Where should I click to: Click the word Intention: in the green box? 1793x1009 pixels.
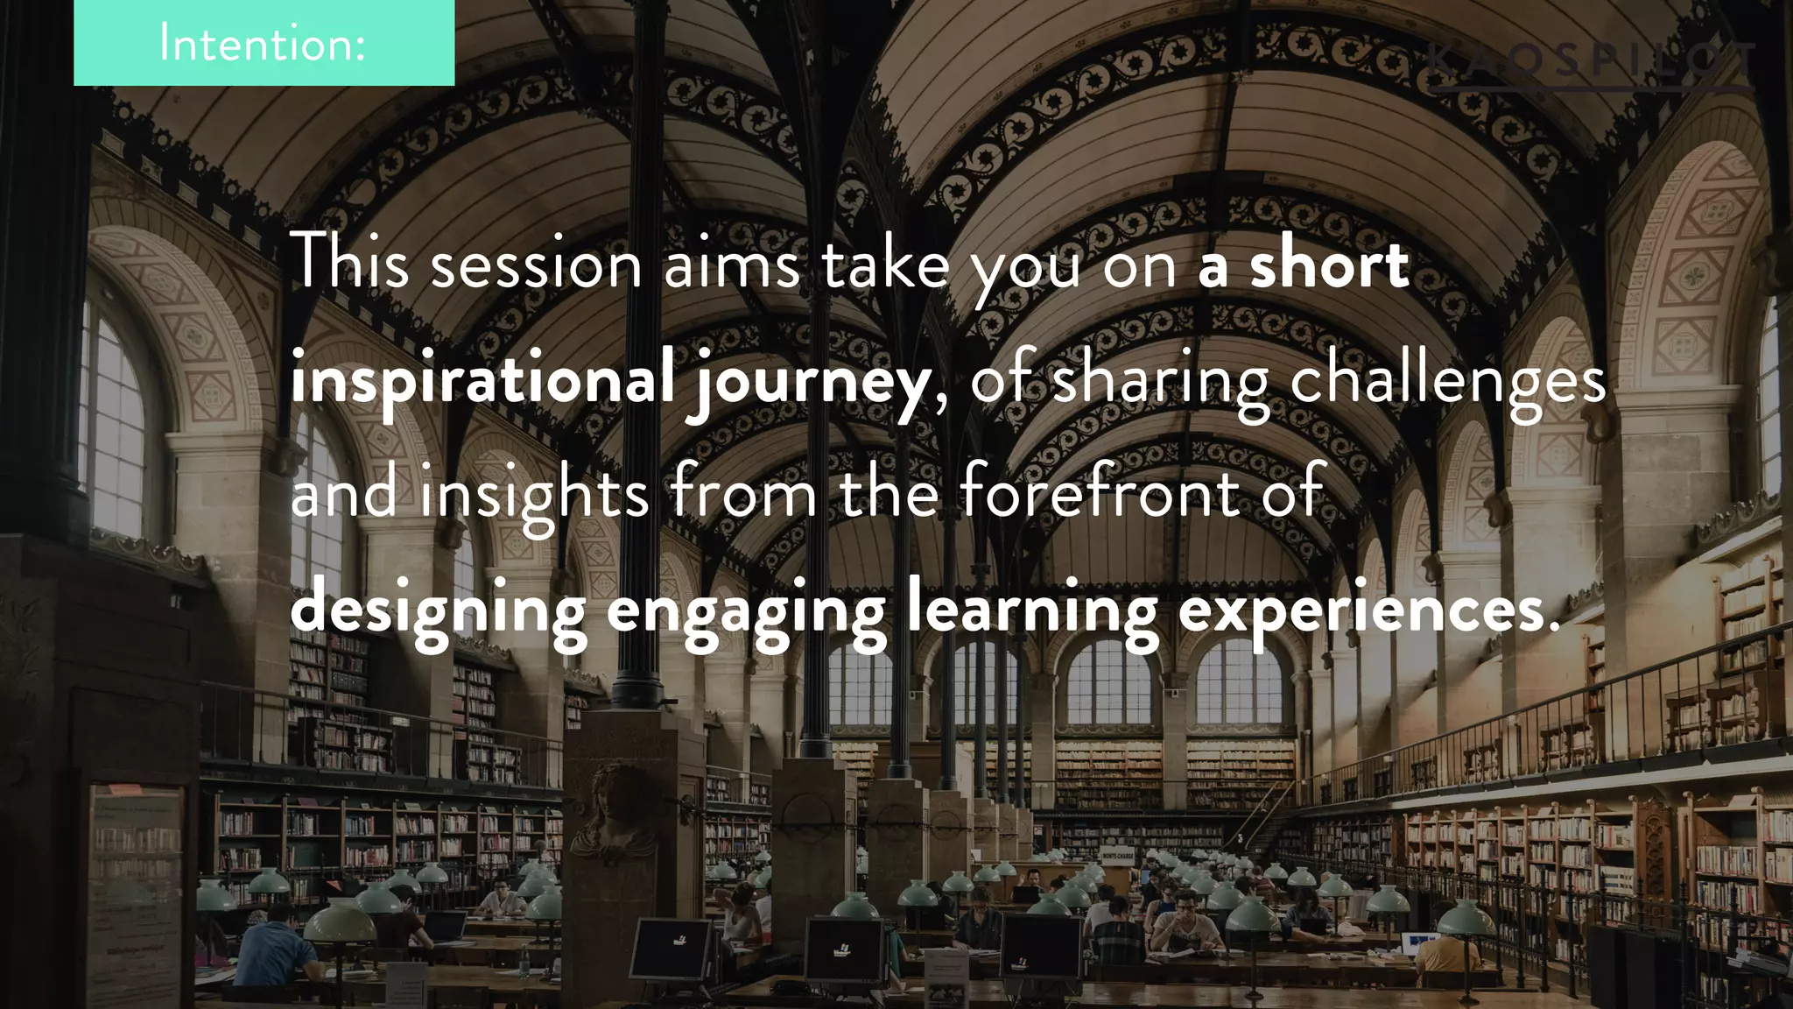point(263,44)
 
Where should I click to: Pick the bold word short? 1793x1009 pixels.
point(1329,265)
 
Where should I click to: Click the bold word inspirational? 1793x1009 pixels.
point(482,382)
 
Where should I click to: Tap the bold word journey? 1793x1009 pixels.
point(811,384)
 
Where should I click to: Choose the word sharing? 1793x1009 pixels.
point(1160,382)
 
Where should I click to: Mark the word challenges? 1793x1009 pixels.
point(1448,382)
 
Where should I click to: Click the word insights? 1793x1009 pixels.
point(534,496)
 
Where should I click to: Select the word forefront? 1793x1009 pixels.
point(1100,494)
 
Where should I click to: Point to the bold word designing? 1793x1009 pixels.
point(439,611)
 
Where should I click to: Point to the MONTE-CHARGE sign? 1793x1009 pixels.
point(1117,855)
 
